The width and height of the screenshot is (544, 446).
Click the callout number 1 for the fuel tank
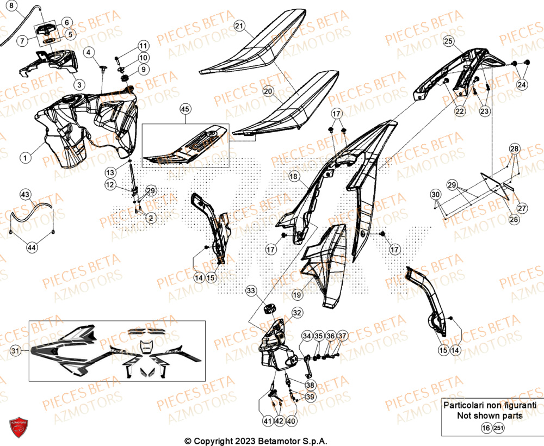coord(25,158)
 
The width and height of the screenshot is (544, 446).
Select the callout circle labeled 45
coord(186,109)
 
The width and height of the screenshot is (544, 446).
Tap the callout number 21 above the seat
coord(240,26)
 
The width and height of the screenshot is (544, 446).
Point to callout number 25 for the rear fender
coord(448,41)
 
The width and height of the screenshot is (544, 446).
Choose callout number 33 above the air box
coord(250,292)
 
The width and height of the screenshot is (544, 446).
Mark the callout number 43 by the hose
coord(26,194)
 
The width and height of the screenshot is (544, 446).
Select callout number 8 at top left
coord(12,5)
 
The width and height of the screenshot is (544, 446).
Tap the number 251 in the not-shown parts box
coord(499,429)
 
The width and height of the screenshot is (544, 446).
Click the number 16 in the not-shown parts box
coord(485,429)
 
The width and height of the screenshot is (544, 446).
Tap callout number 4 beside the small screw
coord(89,52)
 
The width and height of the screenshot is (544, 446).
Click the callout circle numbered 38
coord(310,385)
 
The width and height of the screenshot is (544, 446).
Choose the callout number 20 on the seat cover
coord(269,92)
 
